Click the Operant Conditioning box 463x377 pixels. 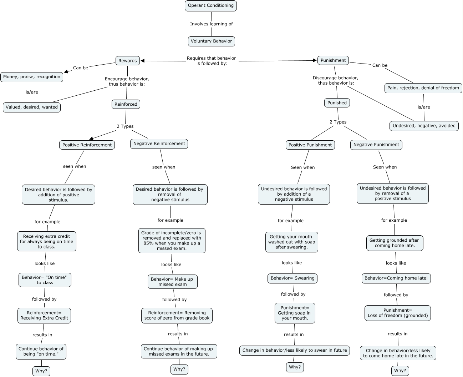(210, 6)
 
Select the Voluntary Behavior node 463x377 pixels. (211, 41)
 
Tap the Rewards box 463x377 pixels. (127, 61)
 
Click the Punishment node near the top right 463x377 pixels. (333, 60)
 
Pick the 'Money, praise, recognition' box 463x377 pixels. (32, 77)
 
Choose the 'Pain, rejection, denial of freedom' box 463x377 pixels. (423, 88)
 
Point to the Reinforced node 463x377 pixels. (126, 104)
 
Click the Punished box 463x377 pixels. (337, 103)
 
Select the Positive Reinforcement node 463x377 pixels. (87, 145)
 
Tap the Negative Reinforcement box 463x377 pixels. (159, 144)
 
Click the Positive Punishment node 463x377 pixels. (310, 145)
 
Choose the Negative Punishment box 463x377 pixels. (376, 145)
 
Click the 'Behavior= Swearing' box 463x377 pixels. (292, 278)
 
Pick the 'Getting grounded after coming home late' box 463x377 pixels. (395, 243)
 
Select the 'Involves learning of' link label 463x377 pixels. (211, 24)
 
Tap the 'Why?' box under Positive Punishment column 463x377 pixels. (295, 367)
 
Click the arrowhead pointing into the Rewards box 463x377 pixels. (143, 61)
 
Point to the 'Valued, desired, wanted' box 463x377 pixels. (32, 107)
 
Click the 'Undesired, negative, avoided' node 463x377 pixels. (424, 126)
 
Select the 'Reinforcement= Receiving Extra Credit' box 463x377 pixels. (44, 315)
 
